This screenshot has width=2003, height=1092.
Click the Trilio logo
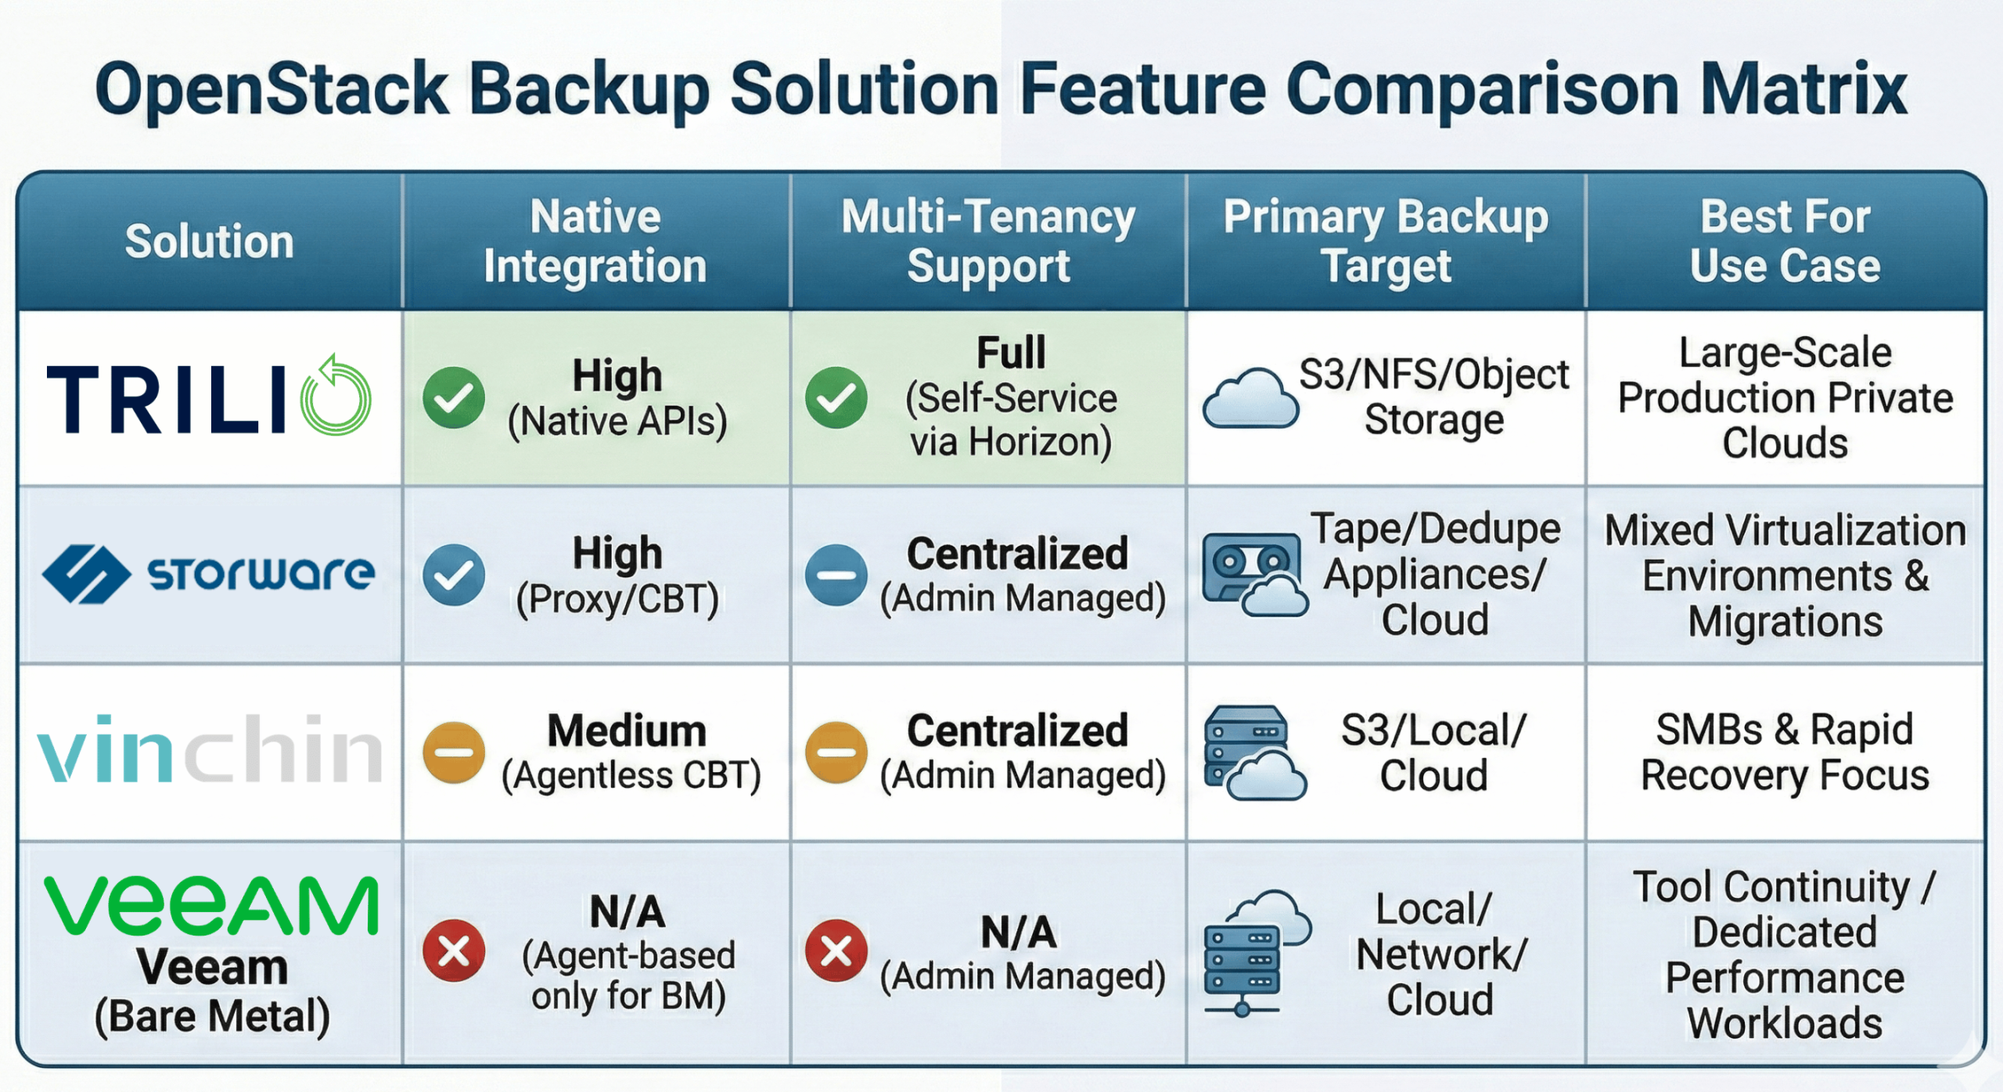click(x=208, y=397)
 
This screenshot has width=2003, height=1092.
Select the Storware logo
click(x=208, y=574)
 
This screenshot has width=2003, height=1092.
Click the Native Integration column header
click(x=595, y=241)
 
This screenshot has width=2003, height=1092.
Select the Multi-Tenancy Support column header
click(x=988, y=241)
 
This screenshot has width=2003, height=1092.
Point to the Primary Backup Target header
click(x=1386, y=241)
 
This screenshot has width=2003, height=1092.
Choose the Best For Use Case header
click(x=1785, y=241)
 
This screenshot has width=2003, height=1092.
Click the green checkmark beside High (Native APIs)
click(x=454, y=398)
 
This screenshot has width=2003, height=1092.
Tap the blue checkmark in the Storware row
click(x=454, y=575)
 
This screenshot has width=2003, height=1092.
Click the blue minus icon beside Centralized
click(x=836, y=575)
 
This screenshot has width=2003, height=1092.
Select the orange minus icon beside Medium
click(x=454, y=753)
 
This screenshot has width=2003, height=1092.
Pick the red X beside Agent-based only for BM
click(x=454, y=951)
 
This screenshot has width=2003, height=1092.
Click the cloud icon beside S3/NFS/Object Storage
click(x=1250, y=399)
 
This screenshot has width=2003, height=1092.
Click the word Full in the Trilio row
click(x=1011, y=353)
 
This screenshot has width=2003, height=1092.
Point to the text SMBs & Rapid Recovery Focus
click(x=1785, y=753)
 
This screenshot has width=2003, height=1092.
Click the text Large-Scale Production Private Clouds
click(x=1785, y=397)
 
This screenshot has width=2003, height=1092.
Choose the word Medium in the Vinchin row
click(x=627, y=731)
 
